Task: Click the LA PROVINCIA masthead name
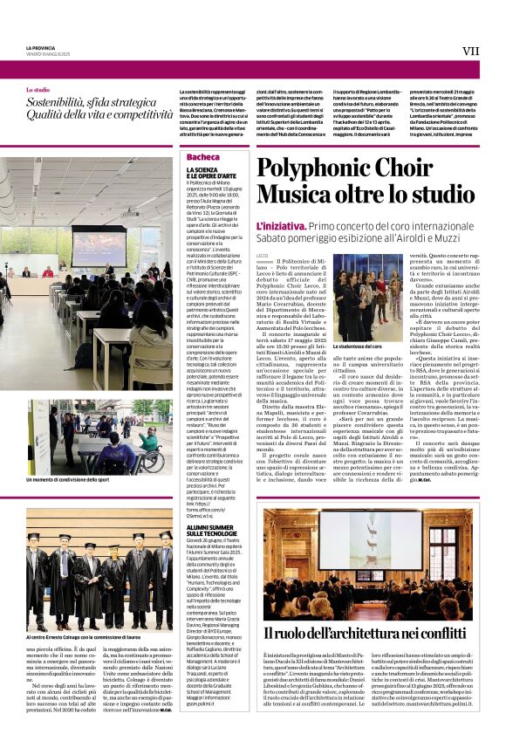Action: click(x=40, y=47)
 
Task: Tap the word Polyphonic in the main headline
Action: click(x=315, y=169)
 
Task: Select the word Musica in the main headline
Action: click(x=292, y=196)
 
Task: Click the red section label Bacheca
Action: click(x=203, y=157)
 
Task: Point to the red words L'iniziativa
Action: click(x=280, y=226)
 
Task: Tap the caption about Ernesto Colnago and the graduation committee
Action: click(x=99, y=640)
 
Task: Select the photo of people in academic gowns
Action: click(x=99, y=580)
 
